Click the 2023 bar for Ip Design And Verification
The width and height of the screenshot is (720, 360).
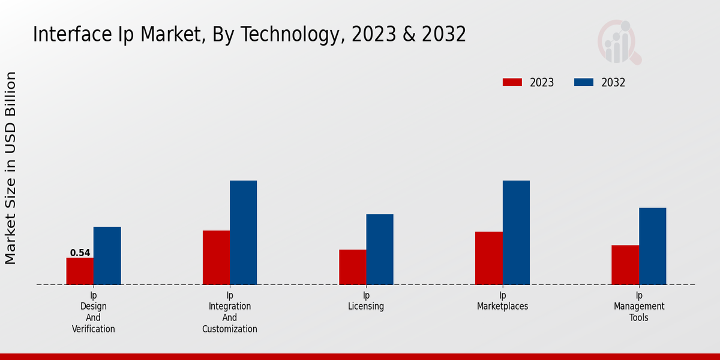[80, 271]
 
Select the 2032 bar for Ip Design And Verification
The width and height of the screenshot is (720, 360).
[107, 256]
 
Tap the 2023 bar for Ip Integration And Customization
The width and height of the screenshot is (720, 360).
[216, 257]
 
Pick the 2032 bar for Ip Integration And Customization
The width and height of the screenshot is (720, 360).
[243, 233]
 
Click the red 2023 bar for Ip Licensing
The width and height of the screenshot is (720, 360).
[352, 267]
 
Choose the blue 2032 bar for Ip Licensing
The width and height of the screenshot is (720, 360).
[380, 250]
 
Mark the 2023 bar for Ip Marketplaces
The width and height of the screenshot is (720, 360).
[488, 258]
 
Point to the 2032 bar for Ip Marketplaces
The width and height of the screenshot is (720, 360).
[516, 233]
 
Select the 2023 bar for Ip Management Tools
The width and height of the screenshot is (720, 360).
[625, 265]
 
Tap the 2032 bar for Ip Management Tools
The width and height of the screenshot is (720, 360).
[652, 246]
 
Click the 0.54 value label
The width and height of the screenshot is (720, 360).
[80, 253]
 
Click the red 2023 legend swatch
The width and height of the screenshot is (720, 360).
[512, 83]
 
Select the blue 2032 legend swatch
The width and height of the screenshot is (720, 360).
[584, 83]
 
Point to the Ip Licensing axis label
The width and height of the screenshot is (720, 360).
[366, 301]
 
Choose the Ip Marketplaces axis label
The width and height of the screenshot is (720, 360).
[503, 301]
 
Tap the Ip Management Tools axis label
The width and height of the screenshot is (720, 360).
[639, 306]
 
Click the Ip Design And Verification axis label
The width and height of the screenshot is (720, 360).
[94, 312]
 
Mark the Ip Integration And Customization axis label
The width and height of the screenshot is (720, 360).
[230, 312]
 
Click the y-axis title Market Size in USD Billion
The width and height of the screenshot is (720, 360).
[11, 168]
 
